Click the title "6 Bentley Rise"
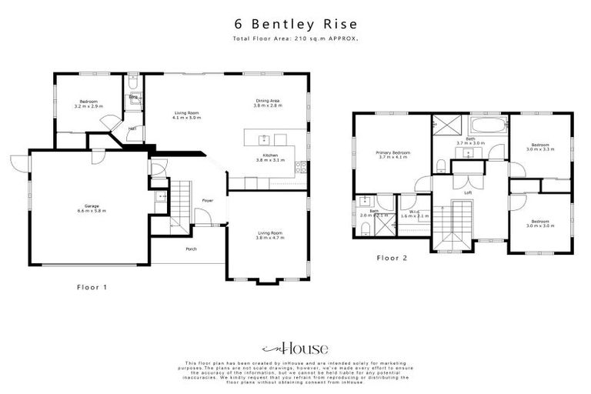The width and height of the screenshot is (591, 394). tap(295, 24)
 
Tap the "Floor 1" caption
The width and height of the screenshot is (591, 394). tap(92, 287)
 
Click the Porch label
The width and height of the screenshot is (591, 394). tap(192, 249)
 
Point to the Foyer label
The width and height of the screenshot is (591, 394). tap(208, 200)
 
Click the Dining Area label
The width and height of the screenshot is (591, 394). tap(269, 101)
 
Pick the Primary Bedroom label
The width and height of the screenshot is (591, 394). tap(392, 152)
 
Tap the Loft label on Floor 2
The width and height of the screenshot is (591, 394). tap(467, 192)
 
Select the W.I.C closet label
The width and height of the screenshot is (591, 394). tap(414, 212)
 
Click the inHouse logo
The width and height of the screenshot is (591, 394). tap(295, 349)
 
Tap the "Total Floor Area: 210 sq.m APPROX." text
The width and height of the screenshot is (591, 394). tap(295, 38)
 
